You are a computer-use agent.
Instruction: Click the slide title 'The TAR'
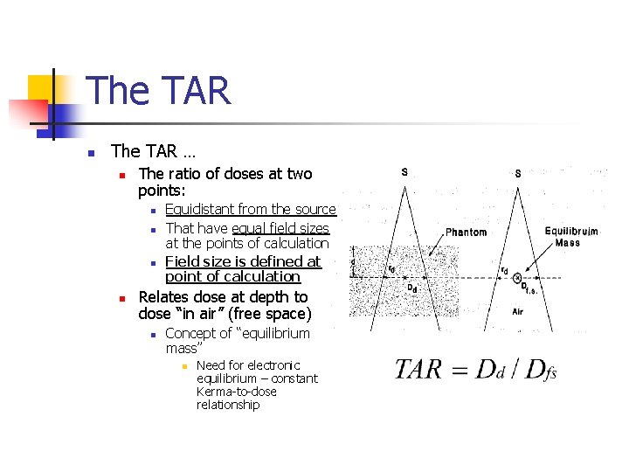point(158,91)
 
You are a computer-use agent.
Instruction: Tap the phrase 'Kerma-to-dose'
point(228,392)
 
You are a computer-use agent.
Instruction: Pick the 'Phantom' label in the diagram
point(466,233)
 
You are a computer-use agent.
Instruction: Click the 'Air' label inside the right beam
point(517,311)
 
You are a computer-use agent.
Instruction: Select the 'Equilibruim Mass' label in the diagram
point(571,237)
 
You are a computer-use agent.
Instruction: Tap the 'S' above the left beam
point(404,172)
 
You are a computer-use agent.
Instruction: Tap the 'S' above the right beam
point(518,173)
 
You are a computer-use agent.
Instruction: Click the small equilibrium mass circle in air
point(517,278)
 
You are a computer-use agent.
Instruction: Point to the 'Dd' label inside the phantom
point(411,288)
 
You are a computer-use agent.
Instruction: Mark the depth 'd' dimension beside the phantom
point(353,261)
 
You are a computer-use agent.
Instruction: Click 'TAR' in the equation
point(418,369)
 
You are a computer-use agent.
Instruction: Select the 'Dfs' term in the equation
point(539,370)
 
